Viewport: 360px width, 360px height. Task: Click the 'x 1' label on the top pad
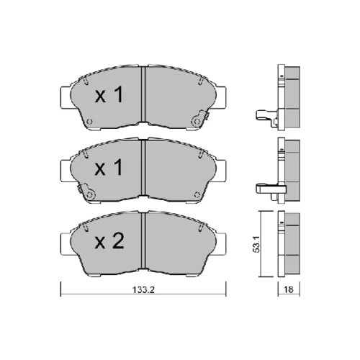click(109, 95)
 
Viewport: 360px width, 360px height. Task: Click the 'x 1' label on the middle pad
click(109, 167)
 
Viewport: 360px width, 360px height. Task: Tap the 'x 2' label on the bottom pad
click(109, 241)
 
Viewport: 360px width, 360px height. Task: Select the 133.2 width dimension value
click(143, 289)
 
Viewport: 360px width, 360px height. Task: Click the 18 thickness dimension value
click(289, 289)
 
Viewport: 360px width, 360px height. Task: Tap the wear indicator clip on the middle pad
click(86, 192)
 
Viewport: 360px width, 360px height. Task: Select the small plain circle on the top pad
click(89, 122)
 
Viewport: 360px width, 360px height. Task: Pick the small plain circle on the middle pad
click(197, 194)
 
